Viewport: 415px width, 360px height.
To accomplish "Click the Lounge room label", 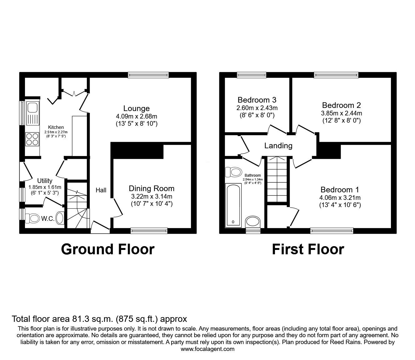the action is (137, 109).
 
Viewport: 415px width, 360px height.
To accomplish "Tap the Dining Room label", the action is (152, 189).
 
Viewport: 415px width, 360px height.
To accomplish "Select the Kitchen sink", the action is (32, 113).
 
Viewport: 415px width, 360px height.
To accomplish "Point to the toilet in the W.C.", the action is (32, 219).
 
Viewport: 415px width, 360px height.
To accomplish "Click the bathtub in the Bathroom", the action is (233, 205).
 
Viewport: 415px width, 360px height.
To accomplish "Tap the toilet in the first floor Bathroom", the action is (233, 172).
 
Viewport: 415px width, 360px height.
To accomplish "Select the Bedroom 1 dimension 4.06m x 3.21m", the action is (340, 198).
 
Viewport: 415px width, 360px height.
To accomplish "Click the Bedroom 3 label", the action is (257, 100).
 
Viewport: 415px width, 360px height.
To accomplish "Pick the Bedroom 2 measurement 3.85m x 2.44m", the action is (342, 113).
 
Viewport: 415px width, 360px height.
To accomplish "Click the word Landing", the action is (278, 146).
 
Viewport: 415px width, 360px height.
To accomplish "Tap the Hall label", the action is (101, 190).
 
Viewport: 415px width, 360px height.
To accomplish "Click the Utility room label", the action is (45, 181).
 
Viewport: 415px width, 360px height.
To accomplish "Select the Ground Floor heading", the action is (108, 250).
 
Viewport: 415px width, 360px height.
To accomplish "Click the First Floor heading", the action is (308, 250).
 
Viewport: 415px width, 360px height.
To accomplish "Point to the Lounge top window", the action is (148, 75).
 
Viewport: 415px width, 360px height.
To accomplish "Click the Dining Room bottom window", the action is (149, 231).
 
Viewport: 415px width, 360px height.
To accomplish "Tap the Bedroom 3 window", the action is (252, 75).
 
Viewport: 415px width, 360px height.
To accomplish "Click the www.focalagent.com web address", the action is (207, 349).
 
